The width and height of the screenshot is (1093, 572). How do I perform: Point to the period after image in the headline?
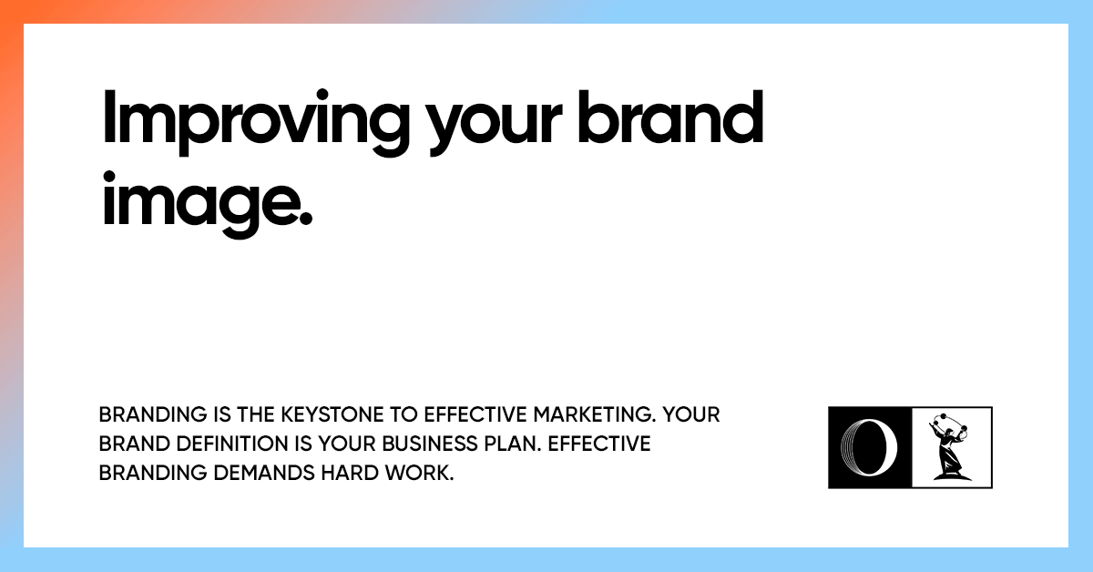point(305,220)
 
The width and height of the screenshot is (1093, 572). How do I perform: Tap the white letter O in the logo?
point(870,447)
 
